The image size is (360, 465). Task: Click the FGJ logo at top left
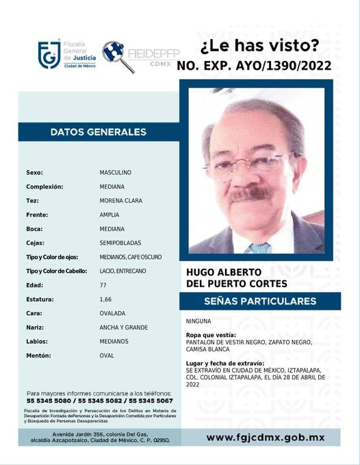[48, 55]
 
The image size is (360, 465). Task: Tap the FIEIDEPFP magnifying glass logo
[117, 55]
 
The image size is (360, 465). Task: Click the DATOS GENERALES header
[98, 132]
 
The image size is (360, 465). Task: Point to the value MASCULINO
[115, 172]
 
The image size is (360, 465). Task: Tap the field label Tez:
[32, 200]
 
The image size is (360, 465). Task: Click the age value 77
[103, 285]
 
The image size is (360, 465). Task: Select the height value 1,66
[105, 299]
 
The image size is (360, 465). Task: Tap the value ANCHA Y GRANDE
[123, 328]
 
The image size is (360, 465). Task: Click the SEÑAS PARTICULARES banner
[259, 301]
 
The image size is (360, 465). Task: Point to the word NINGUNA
[198, 321]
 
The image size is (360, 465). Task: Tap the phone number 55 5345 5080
[46, 401]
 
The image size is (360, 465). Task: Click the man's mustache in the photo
[250, 194]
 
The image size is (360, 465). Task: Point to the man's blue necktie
[259, 247]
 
